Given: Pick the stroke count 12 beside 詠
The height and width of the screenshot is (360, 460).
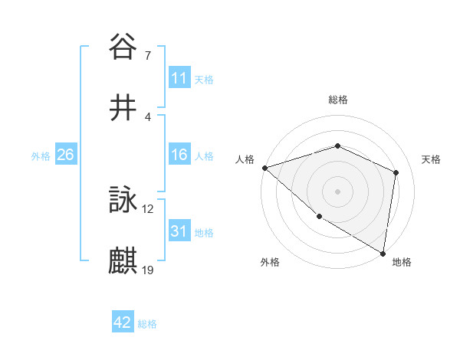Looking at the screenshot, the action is pyautogui.click(x=148, y=208).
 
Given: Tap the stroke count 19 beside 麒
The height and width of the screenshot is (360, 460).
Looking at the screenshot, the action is pyautogui.click(x=148, y=270).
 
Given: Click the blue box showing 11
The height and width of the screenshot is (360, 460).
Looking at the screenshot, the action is pyautogui.click(x=179, y=78).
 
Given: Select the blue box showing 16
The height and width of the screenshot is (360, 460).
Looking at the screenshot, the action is pyautogui.click(x=179, y=155).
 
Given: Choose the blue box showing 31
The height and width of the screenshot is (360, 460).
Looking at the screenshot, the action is pyautogui.click(x=179, y=231).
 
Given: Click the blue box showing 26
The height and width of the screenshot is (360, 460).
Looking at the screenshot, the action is pyautogui.click(x=65, y=155).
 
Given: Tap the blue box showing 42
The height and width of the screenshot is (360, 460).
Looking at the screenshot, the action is pyautogui.click(x=123, y=322).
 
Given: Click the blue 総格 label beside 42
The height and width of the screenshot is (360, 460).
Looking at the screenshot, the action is pyautogui.click(x=147, y=324).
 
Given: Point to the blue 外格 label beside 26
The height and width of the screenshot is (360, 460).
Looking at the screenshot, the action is pyautogui.click(x=41, y=156).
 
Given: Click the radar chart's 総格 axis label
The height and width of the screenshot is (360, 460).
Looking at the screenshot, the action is pyautogui.click(x=337, y=100).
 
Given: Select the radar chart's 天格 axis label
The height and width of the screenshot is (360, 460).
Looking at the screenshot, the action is pyautogui.click(x=431, y=159).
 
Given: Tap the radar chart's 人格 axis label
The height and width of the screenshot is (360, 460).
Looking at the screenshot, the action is pyautogui.click(x=244, y=159).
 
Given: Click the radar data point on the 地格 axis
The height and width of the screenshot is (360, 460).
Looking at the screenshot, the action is pyautogui.click(x=383, y=253).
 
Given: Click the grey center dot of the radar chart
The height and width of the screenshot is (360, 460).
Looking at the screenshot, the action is pyautogui.click(x=337, y=191).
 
